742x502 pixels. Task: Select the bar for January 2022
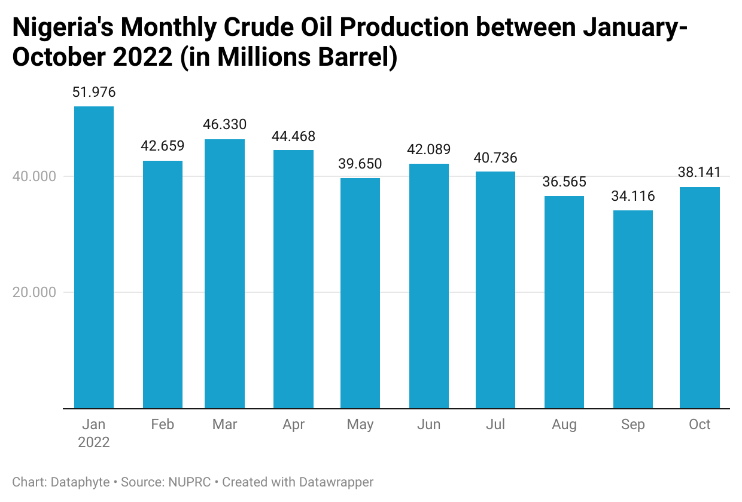[x=94, y=257]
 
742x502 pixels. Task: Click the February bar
[x=163, y=284]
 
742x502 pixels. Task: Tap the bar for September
[x=633, y=309]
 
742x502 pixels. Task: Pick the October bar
[x=700, y=298]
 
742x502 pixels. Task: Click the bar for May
[x=360, y=293]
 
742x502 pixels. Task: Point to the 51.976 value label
[x=94, y=93]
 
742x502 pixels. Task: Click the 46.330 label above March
[x=224, y=125]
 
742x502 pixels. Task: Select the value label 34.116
[x=633, y=196]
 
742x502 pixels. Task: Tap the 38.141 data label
[x=700, y=173]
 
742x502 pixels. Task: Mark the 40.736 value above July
[x=495, y=158]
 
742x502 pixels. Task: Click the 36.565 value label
[x=564, y=182]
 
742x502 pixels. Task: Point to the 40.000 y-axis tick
[x=35, y=177]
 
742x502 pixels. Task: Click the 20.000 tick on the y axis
[x=35, y=293]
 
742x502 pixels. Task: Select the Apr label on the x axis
[x=293, y=425]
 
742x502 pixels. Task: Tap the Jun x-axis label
[x=428, y=425]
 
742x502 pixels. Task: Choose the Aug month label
[x=564, y=425]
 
